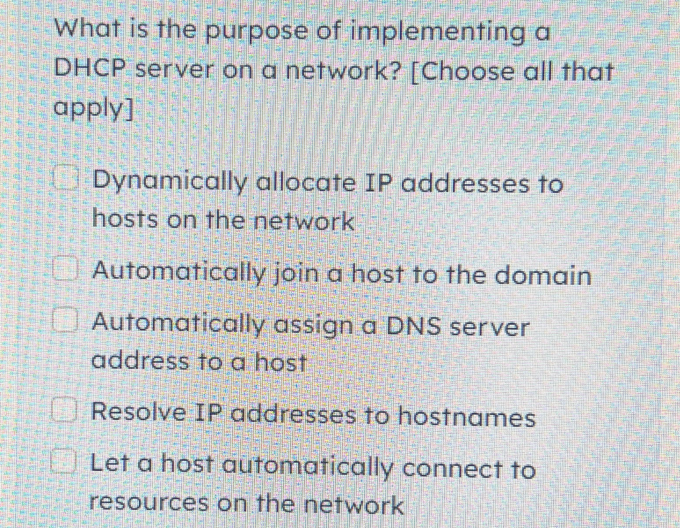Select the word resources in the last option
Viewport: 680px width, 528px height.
tap(149, 503)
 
